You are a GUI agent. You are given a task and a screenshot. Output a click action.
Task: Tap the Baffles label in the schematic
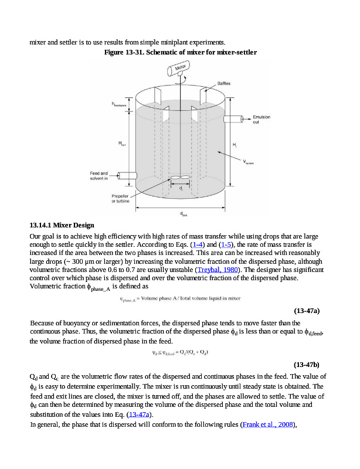[224, 83]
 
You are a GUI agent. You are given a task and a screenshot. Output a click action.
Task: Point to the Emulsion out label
[261, 120]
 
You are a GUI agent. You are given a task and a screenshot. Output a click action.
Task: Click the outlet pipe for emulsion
[235, 119]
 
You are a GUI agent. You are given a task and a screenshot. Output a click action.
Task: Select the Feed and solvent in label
[99, 175]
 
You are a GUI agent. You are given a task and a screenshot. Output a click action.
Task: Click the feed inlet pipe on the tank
[127, 175]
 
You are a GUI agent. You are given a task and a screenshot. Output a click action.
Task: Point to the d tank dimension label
[183, 213]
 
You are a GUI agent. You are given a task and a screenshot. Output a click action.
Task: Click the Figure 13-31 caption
[180, 52]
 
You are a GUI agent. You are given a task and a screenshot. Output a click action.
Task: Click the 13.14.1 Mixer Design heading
[62, 226]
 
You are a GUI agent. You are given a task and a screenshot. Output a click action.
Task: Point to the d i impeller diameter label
[181, 189]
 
